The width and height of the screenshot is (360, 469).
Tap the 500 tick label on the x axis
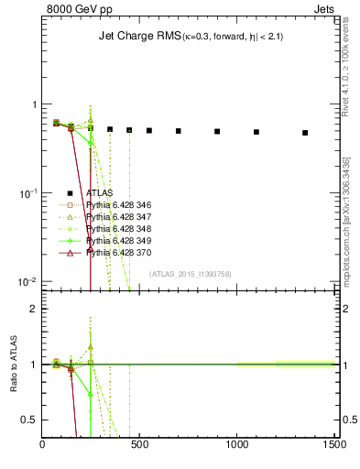click(139, 446)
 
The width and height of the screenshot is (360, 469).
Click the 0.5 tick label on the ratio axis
click(29, 420)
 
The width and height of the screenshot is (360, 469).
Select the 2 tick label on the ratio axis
click(33, 309)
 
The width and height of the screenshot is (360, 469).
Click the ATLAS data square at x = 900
click(217, 131)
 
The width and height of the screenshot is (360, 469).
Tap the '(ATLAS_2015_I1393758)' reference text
click(191, 273)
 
